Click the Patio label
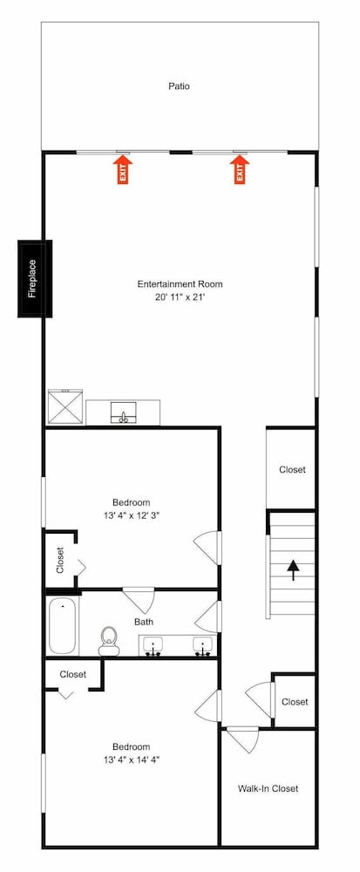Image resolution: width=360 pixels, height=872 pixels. coord(179,86)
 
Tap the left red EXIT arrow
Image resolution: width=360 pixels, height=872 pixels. coord(123,169)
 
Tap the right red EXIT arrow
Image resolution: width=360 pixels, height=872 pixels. coord(240,169)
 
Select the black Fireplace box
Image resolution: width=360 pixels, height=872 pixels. coord(35,279)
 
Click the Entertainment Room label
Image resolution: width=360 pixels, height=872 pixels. coord(180,284)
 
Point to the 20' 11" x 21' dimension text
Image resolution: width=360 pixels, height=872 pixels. coord(180,297)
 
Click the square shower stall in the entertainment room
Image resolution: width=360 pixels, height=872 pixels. coord(65,407)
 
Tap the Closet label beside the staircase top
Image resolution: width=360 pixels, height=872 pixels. coord(292,469)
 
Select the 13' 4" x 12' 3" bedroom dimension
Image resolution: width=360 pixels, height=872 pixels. coord(132,515)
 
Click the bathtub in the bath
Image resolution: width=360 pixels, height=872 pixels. coord(62,625)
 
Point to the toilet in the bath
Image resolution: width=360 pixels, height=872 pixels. coord(109,641)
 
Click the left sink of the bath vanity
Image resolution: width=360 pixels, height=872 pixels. coord(153,646)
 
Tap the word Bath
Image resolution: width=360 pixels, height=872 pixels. coord(143,622)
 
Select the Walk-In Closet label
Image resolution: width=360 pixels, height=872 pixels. coord(268,788)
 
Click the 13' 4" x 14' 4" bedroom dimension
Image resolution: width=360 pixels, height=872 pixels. coord(132,760)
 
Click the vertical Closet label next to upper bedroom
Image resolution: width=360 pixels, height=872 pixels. coord(60,560)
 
